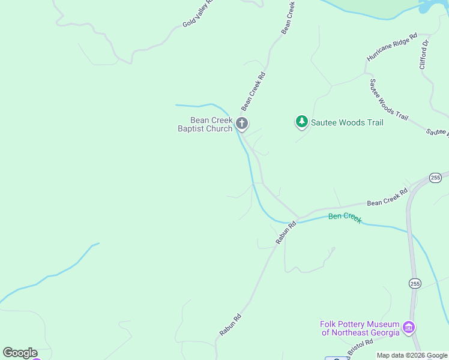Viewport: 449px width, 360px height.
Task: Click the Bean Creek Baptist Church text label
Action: pos(205,124)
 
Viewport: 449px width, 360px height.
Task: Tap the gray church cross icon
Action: pos(242,124)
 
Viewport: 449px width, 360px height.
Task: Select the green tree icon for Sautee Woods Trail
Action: pos(301,122)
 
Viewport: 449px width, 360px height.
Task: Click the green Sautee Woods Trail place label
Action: pos(347,123)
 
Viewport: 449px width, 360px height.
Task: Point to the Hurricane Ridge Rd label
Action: pos(392,47)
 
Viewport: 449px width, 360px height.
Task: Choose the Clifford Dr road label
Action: pos(426,54)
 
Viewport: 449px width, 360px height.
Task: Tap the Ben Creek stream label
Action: pos(345,217)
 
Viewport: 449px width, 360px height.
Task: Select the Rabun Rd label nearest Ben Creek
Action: pos(286,233)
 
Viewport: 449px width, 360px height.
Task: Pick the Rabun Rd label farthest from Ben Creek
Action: pos(230,325)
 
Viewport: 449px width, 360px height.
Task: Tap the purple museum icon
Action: pos(409,328)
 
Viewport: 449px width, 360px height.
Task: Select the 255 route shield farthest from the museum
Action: pos(435,178)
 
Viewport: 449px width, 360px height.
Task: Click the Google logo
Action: pos(20,353)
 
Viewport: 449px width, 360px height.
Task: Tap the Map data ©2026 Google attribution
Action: pos(412,355)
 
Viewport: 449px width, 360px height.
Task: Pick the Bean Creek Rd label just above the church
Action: pos(253,91)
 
